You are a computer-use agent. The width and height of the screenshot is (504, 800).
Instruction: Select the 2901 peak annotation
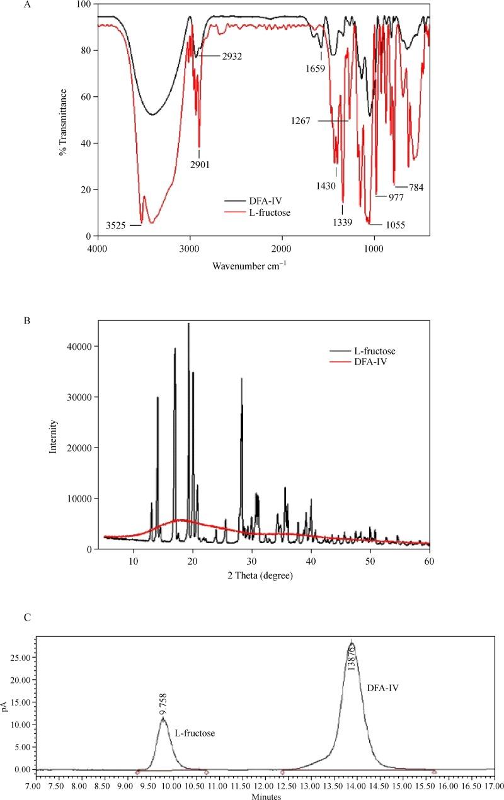point(199,165)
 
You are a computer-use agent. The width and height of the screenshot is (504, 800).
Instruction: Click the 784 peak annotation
point(416,187)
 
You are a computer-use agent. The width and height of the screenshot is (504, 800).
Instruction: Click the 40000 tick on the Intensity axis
point(81,347)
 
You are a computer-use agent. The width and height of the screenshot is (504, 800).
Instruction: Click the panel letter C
point(26,617)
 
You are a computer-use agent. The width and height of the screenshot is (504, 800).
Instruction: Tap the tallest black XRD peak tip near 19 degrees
point(188,324)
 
